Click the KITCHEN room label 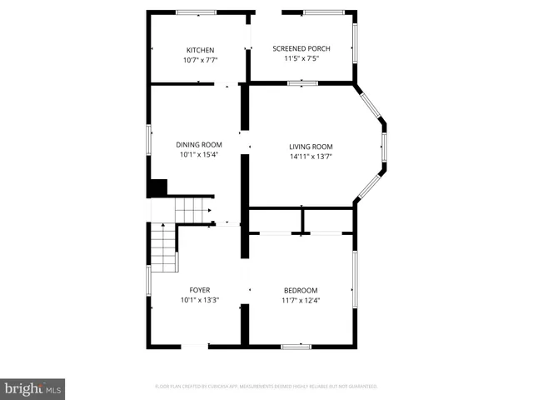[x=200, y=50]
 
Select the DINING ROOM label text [x=199, y=144]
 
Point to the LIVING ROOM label [x=311, y=147]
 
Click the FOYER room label [x=199, y=290]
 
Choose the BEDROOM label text [x=300, y=290]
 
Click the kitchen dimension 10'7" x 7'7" [x=200, y=60]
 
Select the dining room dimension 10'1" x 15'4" [x=199, y=154]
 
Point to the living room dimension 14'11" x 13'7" [x=311, y=157]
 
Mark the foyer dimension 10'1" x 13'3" [x=199, y=300]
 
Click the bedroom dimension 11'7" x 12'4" [x=300, y=300]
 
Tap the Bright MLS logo [x=32, y=388]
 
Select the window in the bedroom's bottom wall [x=296, y=346]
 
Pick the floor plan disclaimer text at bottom [x=266, y=387]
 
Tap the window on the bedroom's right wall [x=356, y=279]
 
